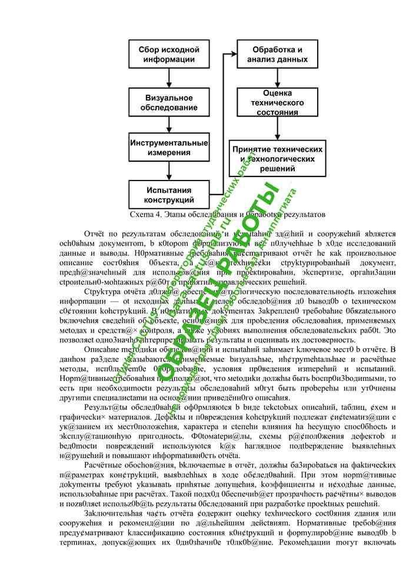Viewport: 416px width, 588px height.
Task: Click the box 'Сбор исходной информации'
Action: click(169, 54)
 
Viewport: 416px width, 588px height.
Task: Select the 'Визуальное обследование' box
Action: click(169, 103)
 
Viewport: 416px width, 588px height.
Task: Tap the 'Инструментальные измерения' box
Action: click(169, 148)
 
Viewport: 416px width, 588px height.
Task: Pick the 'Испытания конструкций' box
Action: click(169, 195)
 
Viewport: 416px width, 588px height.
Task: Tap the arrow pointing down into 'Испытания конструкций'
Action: click(169, 172)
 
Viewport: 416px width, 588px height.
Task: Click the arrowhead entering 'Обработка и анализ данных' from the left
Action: click(233, 55)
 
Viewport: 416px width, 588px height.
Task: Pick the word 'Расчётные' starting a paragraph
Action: click(105, 464)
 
